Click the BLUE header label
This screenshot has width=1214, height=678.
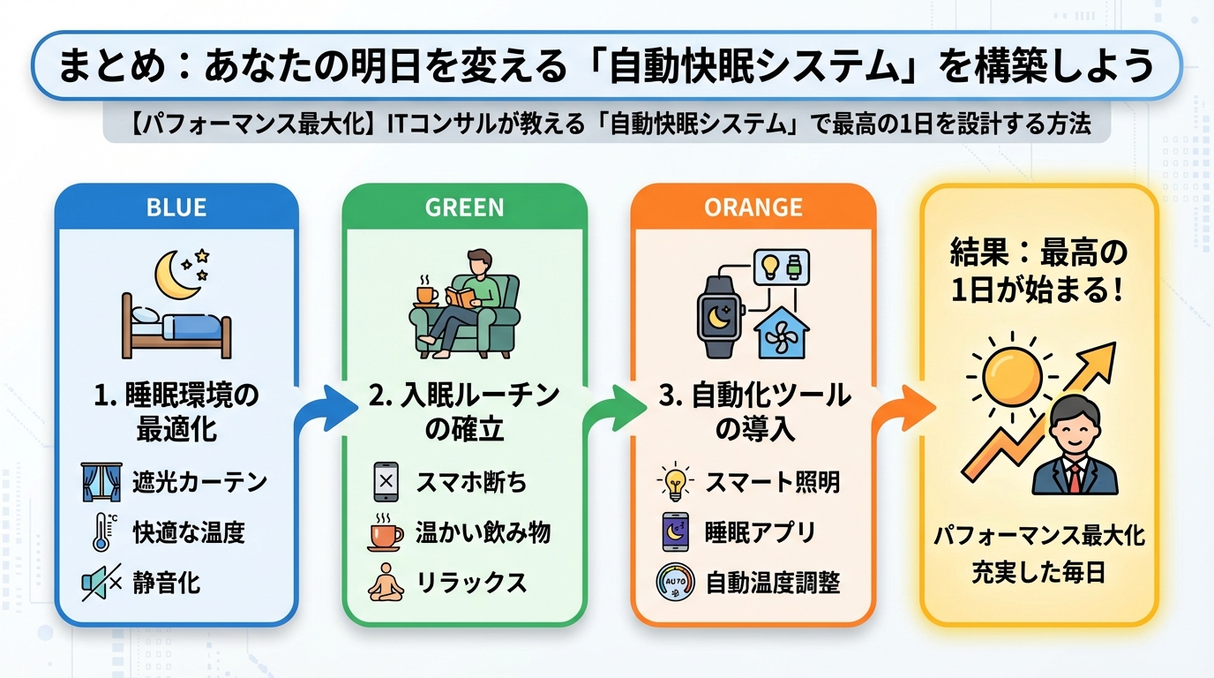click(176, 207)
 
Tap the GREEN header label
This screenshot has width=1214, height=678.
click(464, 207)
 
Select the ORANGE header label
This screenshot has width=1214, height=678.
click(753, 207)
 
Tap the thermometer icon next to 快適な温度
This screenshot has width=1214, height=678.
click(100, 532)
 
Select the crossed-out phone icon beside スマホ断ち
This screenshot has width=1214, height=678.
click(386, 482)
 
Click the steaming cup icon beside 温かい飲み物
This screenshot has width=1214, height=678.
click(386, 532)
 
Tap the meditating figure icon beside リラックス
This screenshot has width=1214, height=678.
click(386, 583)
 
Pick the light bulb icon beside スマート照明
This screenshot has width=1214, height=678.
click(675, 482)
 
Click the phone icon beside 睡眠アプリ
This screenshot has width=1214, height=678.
click(675, 532)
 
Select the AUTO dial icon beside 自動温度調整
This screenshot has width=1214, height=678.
click(675, 583)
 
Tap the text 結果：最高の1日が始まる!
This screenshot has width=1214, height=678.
click(1038, 271)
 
